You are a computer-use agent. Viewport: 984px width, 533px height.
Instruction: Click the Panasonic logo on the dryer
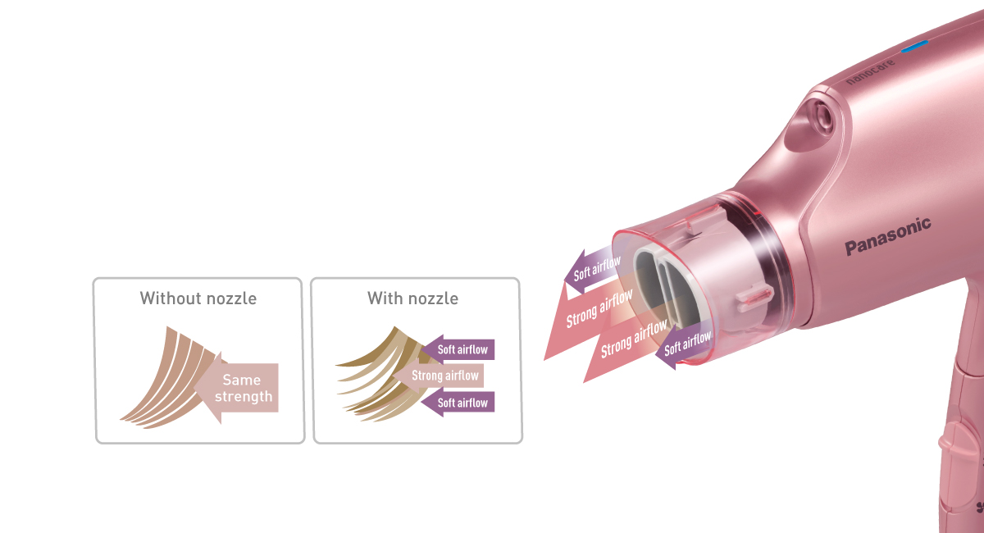point(888,236)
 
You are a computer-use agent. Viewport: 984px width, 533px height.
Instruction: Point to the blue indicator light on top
point(914,46)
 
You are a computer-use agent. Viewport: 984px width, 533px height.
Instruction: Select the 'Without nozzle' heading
point(198,298)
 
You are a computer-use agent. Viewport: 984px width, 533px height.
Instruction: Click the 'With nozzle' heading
point(412,298)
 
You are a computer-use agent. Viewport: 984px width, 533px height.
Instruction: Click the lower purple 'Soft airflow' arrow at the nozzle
point(687,344)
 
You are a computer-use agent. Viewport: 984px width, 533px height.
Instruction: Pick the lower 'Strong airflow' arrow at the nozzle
point(631,340)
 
